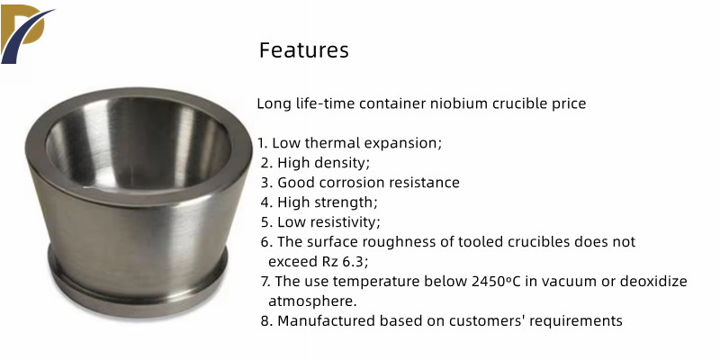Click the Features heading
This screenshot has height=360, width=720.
[x=304, y=50]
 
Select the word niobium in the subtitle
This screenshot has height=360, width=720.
[x=459, y=103]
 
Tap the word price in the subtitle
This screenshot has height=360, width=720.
[x=568, y=104]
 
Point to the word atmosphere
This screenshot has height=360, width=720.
[x=312, y=301]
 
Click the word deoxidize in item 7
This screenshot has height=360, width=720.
[x=654, y=282]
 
